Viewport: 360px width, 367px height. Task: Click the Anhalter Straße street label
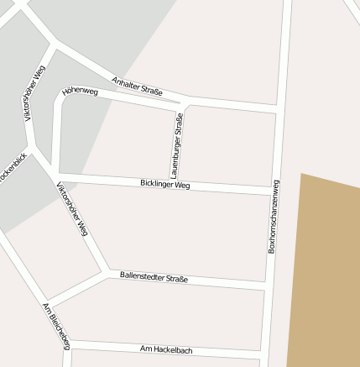(137, 86)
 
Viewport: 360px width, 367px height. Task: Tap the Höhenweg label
(80, 92)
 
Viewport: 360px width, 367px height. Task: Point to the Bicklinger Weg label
(165, 183)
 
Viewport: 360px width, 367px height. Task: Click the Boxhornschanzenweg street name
(273, 216)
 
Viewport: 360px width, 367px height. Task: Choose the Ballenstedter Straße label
(154, 277)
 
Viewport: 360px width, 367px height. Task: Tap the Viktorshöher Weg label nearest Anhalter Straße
(34, 92)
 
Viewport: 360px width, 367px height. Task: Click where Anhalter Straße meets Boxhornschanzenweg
(278, 109)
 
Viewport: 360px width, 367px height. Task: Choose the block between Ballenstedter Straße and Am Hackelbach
(168, 312)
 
